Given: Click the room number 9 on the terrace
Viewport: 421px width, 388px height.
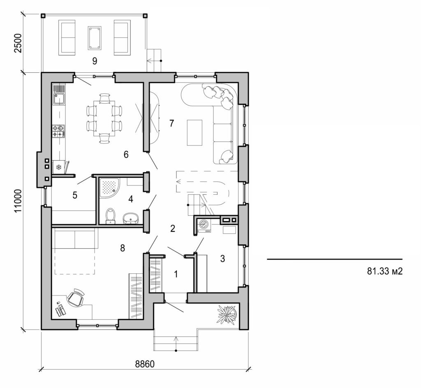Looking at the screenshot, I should pyautogui.click(x=95, y=61).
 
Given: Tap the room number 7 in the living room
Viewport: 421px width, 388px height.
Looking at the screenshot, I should pyautogui.click(x=172, y=122).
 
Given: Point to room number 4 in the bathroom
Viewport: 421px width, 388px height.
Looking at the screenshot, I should pyautogui.click(x=131, y=199).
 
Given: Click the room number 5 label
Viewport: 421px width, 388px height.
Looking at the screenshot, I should pyautogui.click(x=75, y=195).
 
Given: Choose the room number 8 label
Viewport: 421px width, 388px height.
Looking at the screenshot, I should pyautogui.click(x=122, y=247).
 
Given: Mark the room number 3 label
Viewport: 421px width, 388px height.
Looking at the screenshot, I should pyautogui.click(x=222, y=259).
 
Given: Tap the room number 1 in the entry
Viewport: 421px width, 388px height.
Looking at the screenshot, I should pyautogui.click(x=176, y=274).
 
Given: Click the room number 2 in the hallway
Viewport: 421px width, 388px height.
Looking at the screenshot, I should pyautogui.click(x=173, y=228).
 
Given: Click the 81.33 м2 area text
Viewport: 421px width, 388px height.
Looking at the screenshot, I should pyautogui.click(x=384, y=271).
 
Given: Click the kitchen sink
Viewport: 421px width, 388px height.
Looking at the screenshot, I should pyautogui.click(x=58, y=98).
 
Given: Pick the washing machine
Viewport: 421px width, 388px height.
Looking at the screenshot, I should pyautogui.click(x=204, y=226).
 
